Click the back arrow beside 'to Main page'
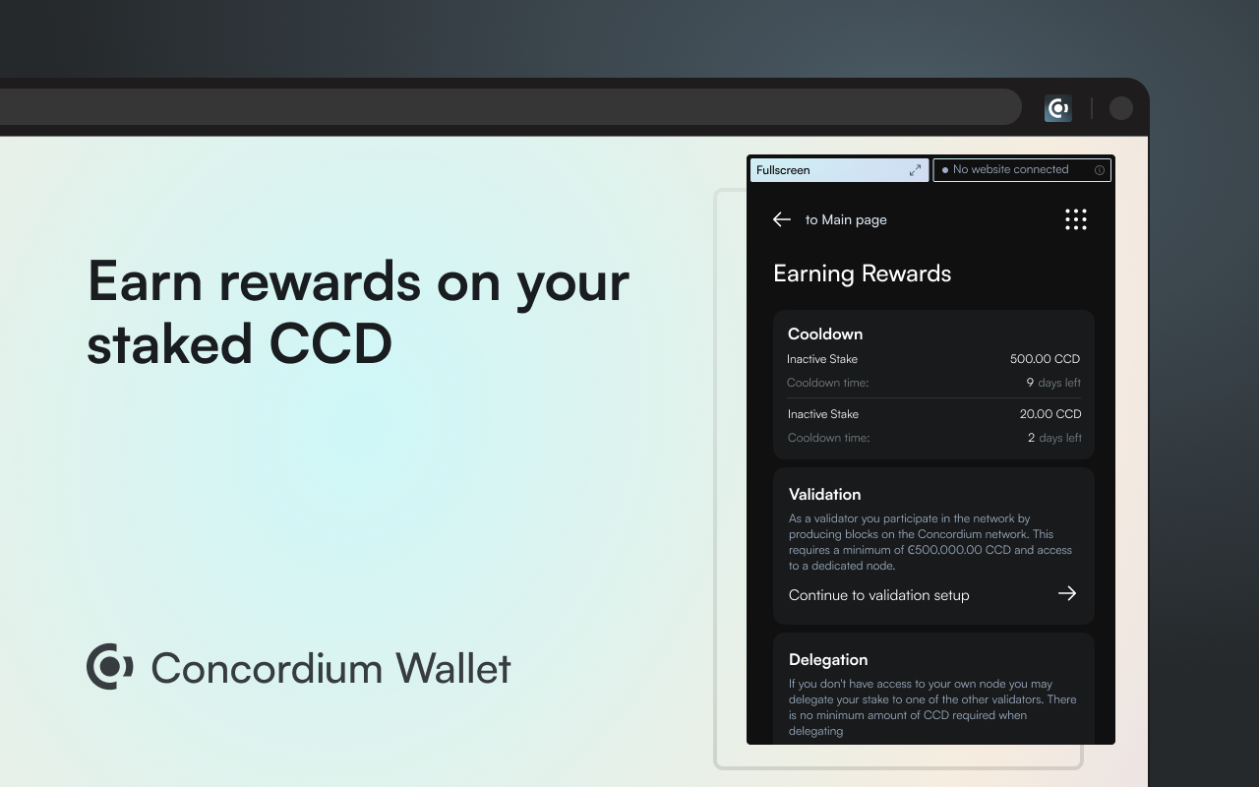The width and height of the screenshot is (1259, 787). (782, 219)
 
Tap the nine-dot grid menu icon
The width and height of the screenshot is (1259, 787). (1076, 219)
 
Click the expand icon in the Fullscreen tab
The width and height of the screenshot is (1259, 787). (915, 170)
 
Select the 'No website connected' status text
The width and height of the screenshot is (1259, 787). (1010, 170)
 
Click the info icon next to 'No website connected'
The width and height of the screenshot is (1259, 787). (1100, 170)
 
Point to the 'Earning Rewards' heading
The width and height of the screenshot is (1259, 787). (862, 273)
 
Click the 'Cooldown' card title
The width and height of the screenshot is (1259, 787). (825, 333)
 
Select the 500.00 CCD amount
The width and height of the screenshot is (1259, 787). (1045, 359)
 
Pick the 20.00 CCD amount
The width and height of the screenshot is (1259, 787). (1049, 414)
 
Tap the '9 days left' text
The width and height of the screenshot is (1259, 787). (1053, 383)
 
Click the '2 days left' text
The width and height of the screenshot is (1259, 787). (1054, 438)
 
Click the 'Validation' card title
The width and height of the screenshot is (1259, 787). (824, 494)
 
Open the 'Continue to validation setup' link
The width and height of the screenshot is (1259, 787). (878, 595)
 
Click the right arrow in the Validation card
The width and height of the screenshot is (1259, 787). (1067, 593)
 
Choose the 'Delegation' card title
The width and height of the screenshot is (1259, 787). (828, 659)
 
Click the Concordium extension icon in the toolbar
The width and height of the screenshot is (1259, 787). (1058, 108)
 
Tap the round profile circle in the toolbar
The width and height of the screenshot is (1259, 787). (1121, 108)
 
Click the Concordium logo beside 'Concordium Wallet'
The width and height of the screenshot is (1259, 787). (110, 667)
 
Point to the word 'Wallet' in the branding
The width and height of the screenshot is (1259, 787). (453, 668)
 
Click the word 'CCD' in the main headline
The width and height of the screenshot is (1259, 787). (330, 344)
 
